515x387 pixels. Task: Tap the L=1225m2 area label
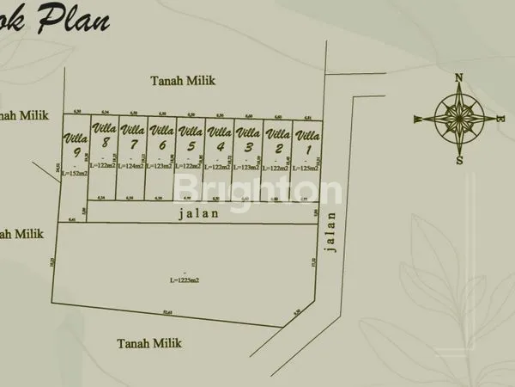[185, 279]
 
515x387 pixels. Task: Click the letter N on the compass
[459, 78]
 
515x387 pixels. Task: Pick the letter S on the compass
[460, 159]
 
